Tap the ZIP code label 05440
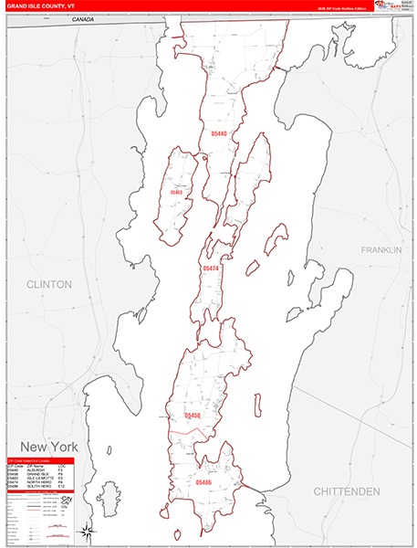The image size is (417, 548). pos(218,134)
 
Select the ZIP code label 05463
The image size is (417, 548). pos(176,193)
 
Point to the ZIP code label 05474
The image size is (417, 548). pos(211,269)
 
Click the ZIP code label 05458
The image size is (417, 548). pos(193,416)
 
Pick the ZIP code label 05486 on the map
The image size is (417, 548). pos(203,481)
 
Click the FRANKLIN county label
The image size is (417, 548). pos(381,249)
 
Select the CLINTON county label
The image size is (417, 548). pos(49,285)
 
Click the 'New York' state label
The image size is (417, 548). pos(44,447)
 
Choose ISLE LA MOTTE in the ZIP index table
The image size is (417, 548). pos(36,479)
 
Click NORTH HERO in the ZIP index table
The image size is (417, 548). pos(36,483)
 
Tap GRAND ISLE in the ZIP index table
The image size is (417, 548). pos(35,474)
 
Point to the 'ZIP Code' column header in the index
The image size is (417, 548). pos(13,465)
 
